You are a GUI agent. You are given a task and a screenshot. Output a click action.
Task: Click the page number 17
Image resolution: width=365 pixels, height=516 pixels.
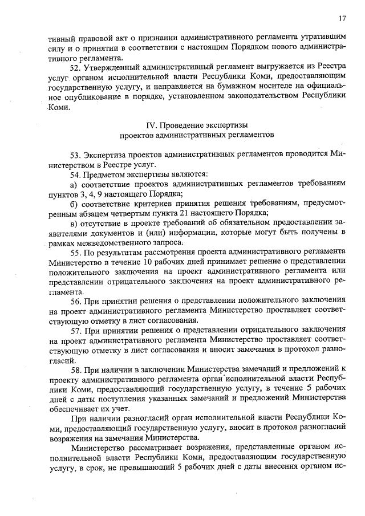pos(343,19)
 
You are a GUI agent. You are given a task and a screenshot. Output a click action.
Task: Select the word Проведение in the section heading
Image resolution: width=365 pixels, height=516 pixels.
pos(176,125)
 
